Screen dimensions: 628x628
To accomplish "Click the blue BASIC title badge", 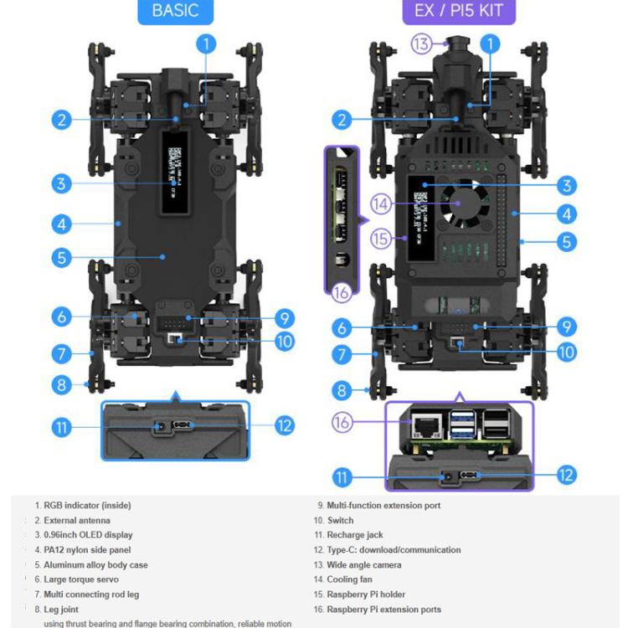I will pyautogui.click(x=175, y=12).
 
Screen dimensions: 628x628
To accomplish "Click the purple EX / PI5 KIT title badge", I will pyautogui.click(x=453, y=12).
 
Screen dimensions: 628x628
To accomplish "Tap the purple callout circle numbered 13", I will pyautogui.click(x=421, y=44).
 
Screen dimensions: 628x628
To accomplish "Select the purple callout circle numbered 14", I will pyautogui.click(x=380, y=203).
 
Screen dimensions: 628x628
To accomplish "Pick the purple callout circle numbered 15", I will pyautogui.click(x=381, y=239).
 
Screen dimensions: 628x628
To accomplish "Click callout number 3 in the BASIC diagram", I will pyautogui.click(x=60, y=183).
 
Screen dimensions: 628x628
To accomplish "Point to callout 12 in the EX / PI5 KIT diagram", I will pyautogui.click(x=566, y=475).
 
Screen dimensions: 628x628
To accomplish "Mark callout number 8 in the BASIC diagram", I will pyautogui.click(x=60, y=385).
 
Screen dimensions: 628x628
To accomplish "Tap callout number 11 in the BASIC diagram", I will pyautogui.click(x=60, y=427).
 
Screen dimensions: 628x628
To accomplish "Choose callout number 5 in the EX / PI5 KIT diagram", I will pyautogui.click(x=567, y=242).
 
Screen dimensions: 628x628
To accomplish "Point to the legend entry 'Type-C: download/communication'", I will pyautogui.click(x=394, y=550).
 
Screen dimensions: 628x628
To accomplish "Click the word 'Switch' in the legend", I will pyautogui.click(x=340, y=520).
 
